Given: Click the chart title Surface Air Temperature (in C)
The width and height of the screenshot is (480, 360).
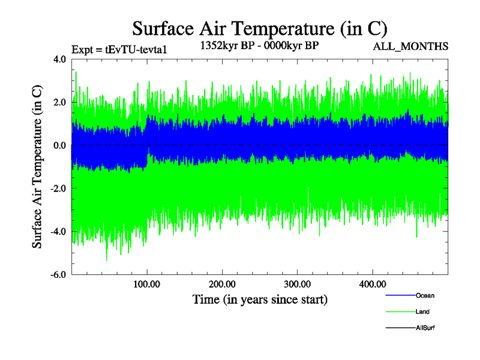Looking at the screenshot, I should tap(260, 28).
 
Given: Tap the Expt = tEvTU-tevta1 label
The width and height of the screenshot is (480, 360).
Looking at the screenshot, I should tap(118, 49).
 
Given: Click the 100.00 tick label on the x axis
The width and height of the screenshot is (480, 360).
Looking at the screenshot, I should tap(147, 284).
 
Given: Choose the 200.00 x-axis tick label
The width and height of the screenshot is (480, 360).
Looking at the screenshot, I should tap(222, 284).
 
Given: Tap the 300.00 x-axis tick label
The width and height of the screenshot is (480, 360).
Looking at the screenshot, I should tap(297, 284).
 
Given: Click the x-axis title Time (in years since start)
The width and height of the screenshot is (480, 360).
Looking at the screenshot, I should tap(260, 299).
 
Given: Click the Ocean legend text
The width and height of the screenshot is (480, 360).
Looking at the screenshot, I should tap(425, 296).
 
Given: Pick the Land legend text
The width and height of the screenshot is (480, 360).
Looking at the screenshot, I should tap(422, 312).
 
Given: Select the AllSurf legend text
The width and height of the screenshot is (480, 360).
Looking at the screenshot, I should tap(425, 328).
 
